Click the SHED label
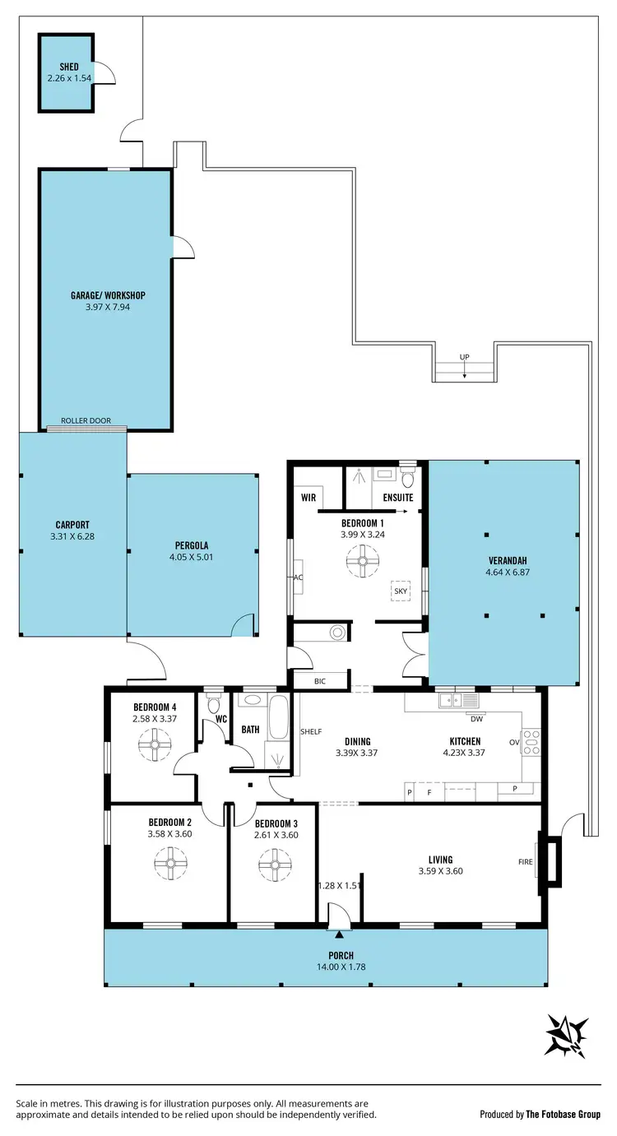click(68, 67)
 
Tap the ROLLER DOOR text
click(86, 420)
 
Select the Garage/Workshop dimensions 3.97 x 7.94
click(108, 307)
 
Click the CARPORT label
click(72, 525)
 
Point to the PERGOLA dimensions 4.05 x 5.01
click(192, 556)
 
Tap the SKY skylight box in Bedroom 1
click(401, 591)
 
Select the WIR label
click(309, 498)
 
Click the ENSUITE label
click(398, 498)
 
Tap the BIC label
click(320, 681)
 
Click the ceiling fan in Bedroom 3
click(274, 865)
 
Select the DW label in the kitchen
click(476, 718)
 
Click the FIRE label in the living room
click(525, 862)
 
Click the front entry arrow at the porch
click(339, 934)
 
